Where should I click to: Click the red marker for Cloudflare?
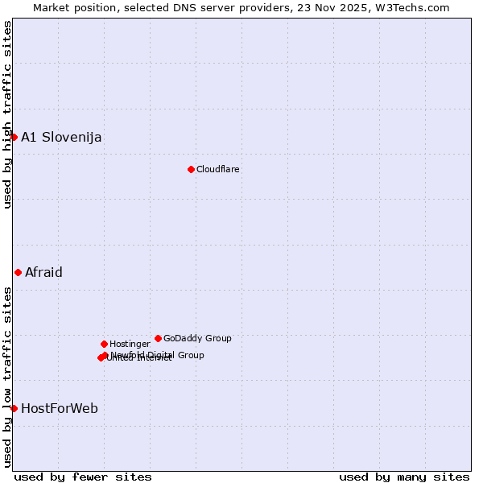(x=191, y=169)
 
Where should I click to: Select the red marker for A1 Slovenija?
(x=14, y=137)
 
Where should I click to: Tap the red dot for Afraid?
(x=18, y=272)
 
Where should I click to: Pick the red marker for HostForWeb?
(x=14, y=408)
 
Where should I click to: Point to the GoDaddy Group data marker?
(x=158, y=338)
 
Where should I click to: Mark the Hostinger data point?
(x=104, y=344)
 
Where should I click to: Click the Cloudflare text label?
(x=218, y=169)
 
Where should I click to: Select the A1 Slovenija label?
(x=61, y=137)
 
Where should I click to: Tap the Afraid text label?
(x=43, y=272)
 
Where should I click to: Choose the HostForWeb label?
(x=60, y=408)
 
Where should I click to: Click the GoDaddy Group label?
(x=197, y=338)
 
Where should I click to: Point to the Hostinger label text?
(x=130, y=344)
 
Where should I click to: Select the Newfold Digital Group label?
(x=158, y=355)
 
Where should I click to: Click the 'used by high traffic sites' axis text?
(x=7, y=114)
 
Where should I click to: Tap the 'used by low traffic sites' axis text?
(x=7, y=375)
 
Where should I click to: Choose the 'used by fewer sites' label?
(x=83, y=477)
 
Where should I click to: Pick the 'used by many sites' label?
(x=404, y=477)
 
